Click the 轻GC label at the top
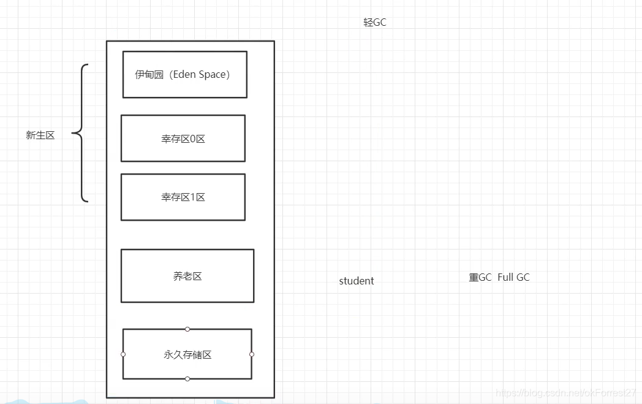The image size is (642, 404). (x=374, y=23)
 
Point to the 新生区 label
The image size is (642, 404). (x=40, y=135)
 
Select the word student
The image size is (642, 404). (x=356, y=281)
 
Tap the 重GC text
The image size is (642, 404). (x=480, y=277)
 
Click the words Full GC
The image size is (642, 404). (x=513, y=277)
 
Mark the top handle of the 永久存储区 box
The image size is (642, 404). (x=187, y=329)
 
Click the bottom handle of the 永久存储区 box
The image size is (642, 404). (x=187, y=379)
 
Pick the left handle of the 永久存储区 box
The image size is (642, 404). (x=123, y=354)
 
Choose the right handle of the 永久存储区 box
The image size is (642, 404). (x=252, y=354)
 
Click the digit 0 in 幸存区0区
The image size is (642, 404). (x=193, y=139)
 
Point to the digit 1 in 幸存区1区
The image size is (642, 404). (x=193, y=197)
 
